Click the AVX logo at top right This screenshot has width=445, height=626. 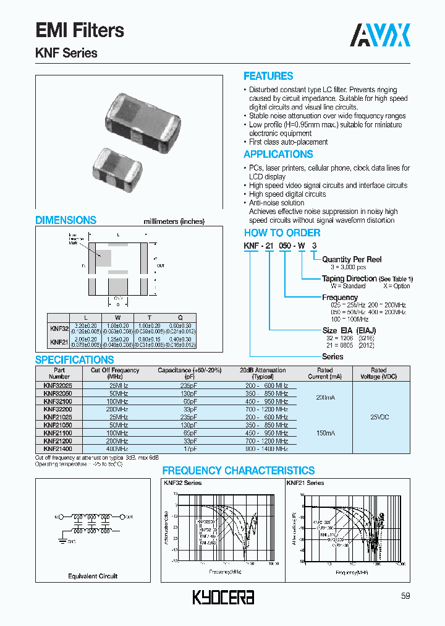pos(380,35)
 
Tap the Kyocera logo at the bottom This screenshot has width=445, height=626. pos(223,597)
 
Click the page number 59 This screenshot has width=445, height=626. pos(405,596)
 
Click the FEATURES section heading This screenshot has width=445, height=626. pos(268,76)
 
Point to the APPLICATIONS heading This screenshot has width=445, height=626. pos(278,155)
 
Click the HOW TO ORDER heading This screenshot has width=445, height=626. pos(282,233)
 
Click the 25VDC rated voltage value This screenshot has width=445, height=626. pos(378,417)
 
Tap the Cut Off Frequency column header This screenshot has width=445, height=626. pos(115,373)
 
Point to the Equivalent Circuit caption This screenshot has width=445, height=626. pos(93,576)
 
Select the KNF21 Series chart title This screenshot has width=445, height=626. pos(305,483)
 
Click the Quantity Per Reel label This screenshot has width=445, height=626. pos(352,259)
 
